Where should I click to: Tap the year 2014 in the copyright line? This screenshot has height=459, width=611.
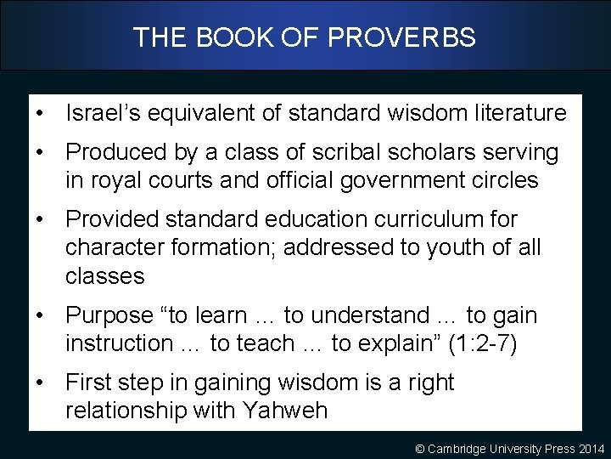(x=591, y=449)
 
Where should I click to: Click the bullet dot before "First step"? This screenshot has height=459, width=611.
(x=41, y=382)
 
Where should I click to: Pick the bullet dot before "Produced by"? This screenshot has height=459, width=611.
(x=41, y=152)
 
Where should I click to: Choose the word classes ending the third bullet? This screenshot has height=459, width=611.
(x=105, y=276)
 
